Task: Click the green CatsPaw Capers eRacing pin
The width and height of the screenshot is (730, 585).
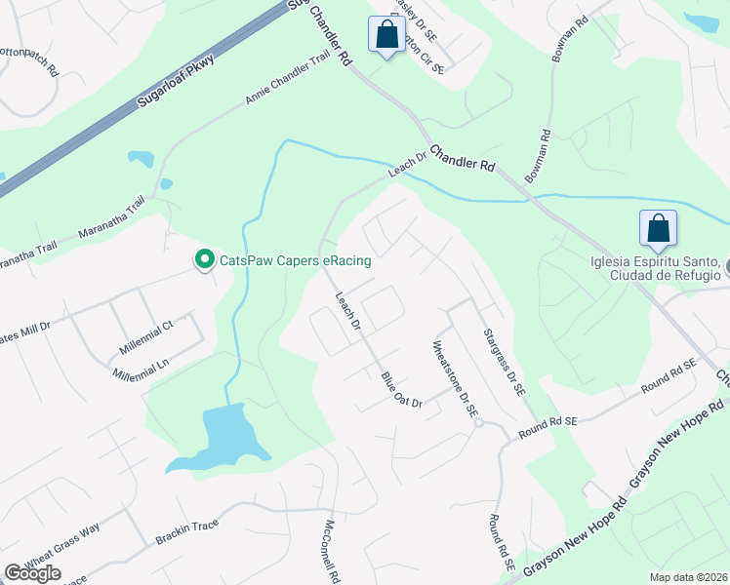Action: (204, 260)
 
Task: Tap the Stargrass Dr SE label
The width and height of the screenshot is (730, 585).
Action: (505, 361)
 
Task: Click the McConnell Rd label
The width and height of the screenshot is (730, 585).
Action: (325, 550)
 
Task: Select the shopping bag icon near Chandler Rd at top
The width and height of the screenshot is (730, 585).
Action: (387, 35)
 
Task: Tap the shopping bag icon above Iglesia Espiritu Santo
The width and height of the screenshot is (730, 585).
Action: (658, 229)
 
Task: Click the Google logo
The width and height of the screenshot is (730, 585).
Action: (32, 573)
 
